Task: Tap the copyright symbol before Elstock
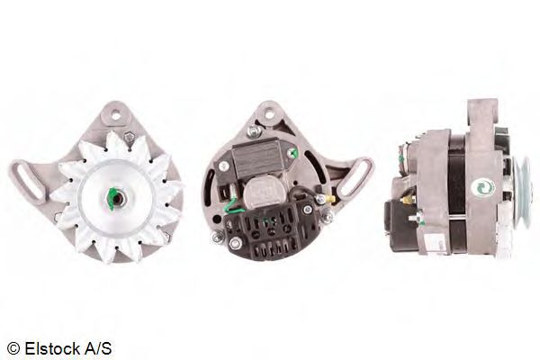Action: [13, 347]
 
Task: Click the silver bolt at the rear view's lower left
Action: [217, 237]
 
